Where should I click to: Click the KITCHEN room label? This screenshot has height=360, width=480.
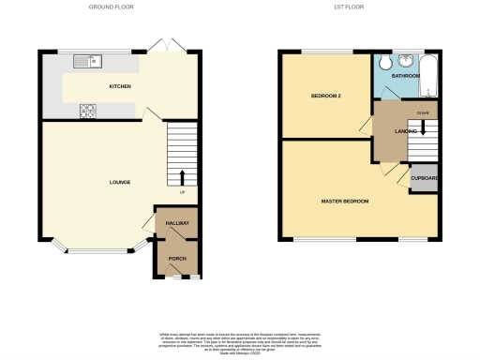click(x=119, y=87)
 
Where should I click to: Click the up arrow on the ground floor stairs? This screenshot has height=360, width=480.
click(x=182, y=176)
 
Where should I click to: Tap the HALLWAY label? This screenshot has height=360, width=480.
click(x=177, y=224)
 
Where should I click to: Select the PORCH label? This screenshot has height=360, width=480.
click(x=177, y=258)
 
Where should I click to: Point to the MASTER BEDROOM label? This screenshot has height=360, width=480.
click(x=345, y=202)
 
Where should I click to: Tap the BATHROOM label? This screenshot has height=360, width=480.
click(x=405, y=75)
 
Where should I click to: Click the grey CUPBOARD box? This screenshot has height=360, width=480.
click(x=423, y=178)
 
